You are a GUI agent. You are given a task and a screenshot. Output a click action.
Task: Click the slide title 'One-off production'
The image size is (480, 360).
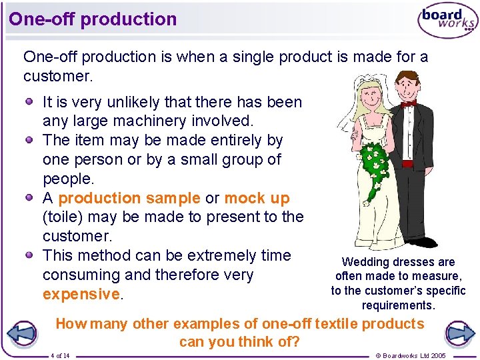click(93, 19)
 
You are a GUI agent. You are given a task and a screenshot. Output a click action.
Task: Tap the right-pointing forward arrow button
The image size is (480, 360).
click(459, 333)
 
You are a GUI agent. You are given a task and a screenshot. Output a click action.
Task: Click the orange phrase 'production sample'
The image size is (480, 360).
click(129, 198)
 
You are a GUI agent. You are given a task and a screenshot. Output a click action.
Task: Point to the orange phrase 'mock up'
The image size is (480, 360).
click(257, 198)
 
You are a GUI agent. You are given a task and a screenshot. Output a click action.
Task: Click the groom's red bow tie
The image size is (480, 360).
click(407, 103)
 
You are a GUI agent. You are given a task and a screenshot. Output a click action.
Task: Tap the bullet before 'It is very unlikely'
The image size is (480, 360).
click(31, 102)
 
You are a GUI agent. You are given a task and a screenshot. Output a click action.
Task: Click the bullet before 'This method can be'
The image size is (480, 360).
click(31, 255)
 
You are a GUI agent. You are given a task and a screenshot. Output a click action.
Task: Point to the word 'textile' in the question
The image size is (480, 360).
click(335, 324)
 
